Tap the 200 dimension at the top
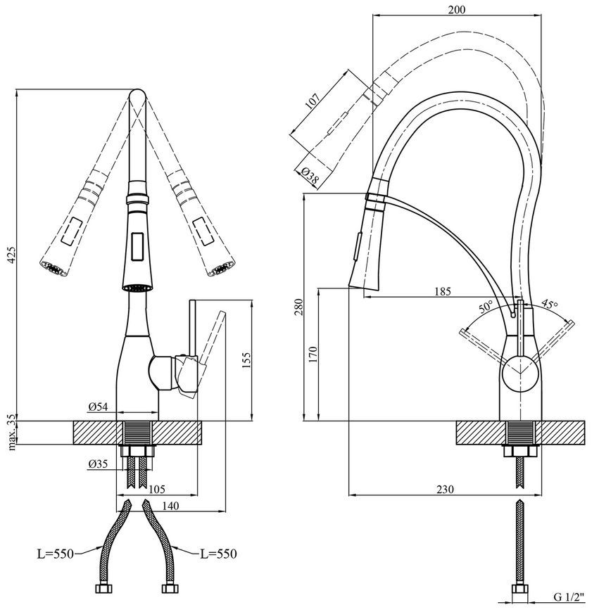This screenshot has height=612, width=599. [x=457, y=9]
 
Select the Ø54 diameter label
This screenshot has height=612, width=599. [x=98, y=407]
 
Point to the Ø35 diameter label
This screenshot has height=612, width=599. [x=98, y=464]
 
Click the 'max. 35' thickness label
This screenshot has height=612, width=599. [x=12, y=432]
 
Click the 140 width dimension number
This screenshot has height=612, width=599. [x=170, y=506]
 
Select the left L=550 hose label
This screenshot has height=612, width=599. [x=55, y=554]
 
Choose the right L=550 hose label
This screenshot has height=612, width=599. [x=219, y=554]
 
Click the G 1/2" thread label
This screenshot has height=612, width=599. [x=569, y=597]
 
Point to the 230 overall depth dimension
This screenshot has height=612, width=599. [x=445, y=489]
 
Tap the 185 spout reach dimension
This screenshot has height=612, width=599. [x=443, y=291]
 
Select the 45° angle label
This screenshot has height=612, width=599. [x=550, y=304]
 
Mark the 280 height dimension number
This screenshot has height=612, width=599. [x=298, y=307]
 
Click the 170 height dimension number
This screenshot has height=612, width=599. [x=313, y=355]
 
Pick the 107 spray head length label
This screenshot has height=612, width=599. [x=312, y=101]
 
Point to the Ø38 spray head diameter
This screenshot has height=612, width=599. [x=310, y=176]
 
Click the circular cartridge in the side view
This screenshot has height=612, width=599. [x=519, y=371]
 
